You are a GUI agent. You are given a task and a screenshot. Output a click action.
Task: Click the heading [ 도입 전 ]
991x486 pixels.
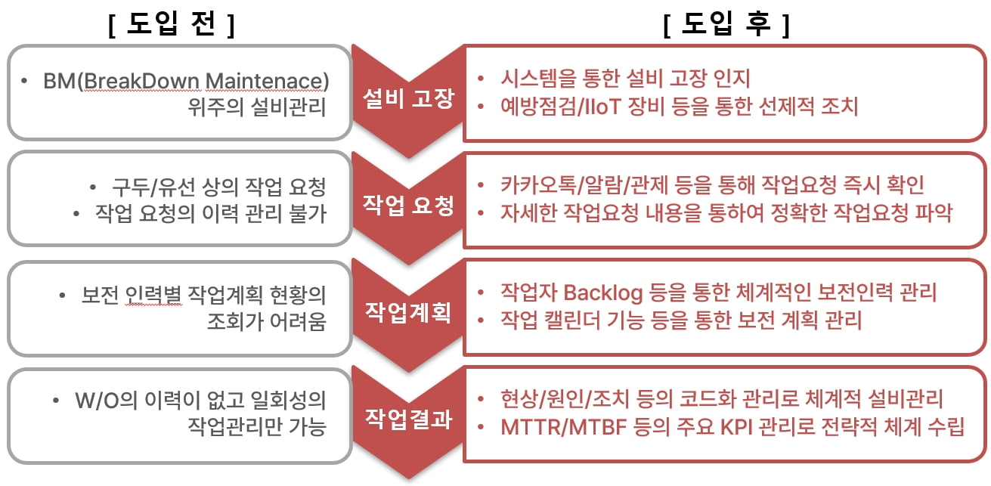click(x=172, y=25)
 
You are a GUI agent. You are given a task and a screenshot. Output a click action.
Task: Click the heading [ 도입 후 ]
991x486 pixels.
click(x=726, y=25)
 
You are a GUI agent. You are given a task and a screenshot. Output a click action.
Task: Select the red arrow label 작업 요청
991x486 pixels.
click(x=408, y=204)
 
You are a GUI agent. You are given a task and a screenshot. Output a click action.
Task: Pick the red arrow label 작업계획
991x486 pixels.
click(x=408, y=311)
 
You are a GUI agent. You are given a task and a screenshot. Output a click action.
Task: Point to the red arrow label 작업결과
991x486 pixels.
click(x=408, y=418)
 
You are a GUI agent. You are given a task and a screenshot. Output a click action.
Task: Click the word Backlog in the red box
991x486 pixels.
click(x=602, y=292)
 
